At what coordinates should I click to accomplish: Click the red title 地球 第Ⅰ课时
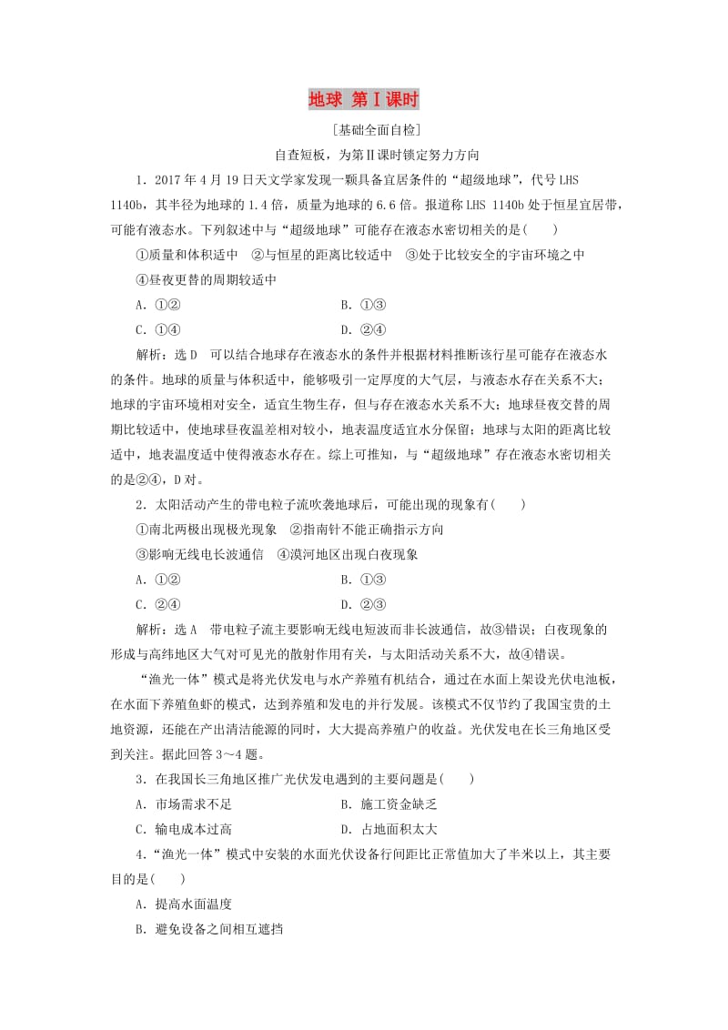click(363, 99)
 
